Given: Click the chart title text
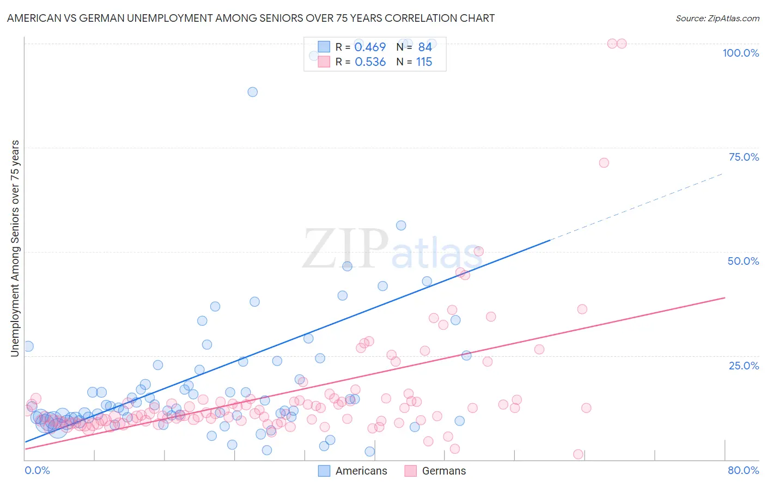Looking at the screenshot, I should (251, 18).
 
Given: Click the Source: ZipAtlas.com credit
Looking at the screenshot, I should (717, 18).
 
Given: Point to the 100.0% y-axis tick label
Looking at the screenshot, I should (740, 53).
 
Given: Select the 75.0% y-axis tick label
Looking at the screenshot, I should (744, 157).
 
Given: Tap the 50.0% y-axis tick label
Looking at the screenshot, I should (743, 261).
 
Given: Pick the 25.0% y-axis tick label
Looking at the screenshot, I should (744, 366).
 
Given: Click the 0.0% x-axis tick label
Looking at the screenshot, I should (37, 470).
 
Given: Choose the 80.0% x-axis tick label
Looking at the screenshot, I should (743, 470).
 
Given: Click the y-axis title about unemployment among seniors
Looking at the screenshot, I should (15, 248).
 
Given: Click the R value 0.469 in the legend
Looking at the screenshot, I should (370, 47).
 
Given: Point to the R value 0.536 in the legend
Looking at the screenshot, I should (370, 62).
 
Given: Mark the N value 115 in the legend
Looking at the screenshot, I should (424, 62).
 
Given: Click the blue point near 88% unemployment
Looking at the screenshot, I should (252, 92).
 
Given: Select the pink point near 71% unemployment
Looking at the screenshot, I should (604, 163).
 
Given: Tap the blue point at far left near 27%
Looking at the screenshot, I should (28, 347).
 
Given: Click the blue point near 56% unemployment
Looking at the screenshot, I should (401, 226).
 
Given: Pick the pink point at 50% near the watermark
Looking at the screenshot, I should (479, 251).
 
